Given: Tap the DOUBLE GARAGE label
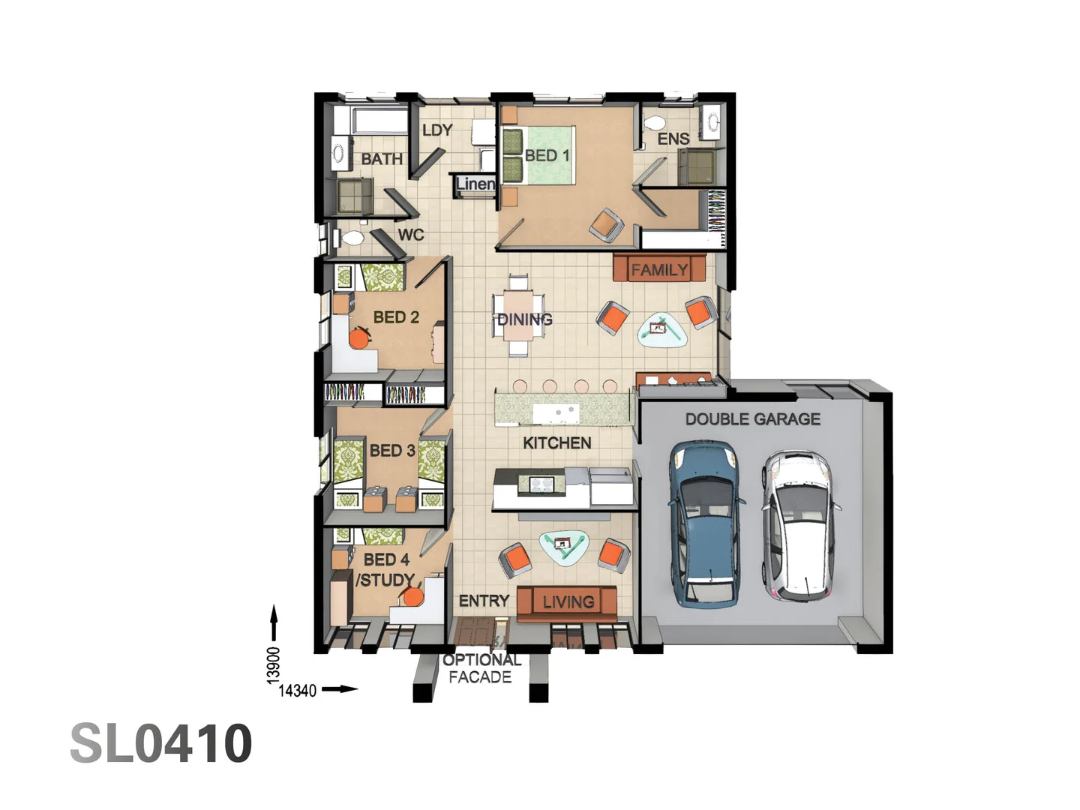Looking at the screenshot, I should point(752,419).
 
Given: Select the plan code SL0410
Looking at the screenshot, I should point(161,743).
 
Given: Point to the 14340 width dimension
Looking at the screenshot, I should point(298,691).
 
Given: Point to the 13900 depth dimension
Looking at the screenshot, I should point(274,664).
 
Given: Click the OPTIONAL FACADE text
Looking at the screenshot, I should point(481,668).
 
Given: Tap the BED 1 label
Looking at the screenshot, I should point(547,155).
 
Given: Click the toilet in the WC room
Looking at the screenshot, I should point(350,238).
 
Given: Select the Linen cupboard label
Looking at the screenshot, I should point(475,184).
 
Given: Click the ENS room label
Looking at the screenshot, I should point(673,139).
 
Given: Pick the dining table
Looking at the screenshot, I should point(517,315).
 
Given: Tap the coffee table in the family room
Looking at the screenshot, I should point(662,329).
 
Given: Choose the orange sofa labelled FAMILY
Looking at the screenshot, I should point(659,268).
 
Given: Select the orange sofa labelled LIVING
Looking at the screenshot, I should point(567,602).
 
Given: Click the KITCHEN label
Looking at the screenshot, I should point(556,443).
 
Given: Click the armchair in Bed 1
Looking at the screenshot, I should point(607,225).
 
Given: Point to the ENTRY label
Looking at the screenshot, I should point(484,601).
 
